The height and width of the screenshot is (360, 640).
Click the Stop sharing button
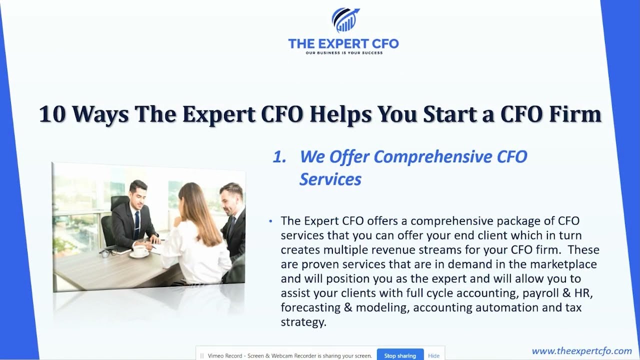tap(399, 355)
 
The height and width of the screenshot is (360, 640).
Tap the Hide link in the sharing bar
tap(433, 355)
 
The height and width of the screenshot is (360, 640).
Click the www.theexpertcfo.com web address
tap(581, 351)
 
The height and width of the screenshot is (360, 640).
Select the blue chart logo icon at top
tap(344, 20)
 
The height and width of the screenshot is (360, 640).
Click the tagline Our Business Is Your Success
tap(343, 52)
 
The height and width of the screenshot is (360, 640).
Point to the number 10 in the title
tap(51, 114)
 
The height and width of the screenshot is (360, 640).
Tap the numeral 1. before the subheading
tap(279, 157)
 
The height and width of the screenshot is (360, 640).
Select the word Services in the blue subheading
tap(330, 179)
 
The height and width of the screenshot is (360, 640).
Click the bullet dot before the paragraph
tap(270, 221)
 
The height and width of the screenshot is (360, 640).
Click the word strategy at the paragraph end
tap(303, 322)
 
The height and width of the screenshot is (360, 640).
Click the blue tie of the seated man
tap(137, 223)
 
